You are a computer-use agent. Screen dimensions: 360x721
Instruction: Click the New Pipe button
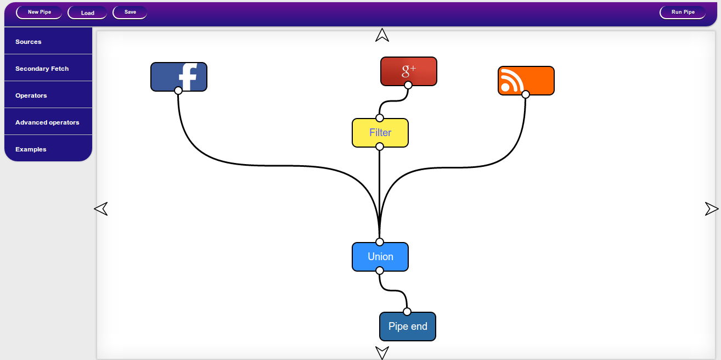tap(39, 12)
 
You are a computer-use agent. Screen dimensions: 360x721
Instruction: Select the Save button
tap(130, 12)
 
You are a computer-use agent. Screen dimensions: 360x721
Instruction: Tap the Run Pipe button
tap(683, 12)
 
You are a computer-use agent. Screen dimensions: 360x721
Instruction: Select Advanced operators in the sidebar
tap(48, 122)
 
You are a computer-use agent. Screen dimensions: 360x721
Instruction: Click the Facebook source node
tap(179, 76)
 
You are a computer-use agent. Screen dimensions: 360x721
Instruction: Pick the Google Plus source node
tap(409, 71)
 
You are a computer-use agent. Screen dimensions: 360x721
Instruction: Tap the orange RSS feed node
tap(526, 80)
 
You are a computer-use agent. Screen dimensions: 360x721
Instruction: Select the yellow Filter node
tap(380, 133)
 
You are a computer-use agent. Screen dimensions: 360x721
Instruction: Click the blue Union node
tap(380, 257)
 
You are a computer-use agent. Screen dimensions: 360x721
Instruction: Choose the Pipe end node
tap(408, 327)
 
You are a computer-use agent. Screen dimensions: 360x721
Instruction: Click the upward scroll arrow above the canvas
tap(382, 36)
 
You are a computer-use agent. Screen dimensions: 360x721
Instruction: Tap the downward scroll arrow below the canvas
tap(382, 352)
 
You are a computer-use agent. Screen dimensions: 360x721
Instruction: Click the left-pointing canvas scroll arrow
tap(101, 209)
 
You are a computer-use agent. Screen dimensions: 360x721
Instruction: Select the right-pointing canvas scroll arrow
tap(711, 209)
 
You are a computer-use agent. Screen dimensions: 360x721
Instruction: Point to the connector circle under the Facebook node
tap(178, 91)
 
